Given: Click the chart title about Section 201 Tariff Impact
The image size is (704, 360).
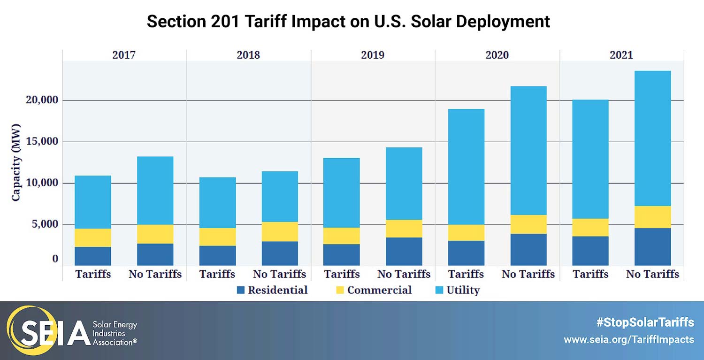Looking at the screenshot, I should point(348,22).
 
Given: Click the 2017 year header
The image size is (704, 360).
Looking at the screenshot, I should point(124,54).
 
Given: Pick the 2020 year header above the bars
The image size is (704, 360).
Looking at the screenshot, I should point(497,54).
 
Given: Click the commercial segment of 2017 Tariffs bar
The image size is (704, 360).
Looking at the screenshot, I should point(93,237).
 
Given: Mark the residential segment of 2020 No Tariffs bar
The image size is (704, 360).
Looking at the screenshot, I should point(528,250).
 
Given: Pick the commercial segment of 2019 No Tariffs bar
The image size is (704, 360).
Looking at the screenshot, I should point(404,229).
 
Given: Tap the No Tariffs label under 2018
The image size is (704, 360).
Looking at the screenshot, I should point(279,274).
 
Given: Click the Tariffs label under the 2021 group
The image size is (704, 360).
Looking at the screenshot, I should point(590,274).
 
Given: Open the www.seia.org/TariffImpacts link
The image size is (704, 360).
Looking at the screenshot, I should point(628,339).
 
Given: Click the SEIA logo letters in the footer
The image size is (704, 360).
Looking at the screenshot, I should point(49,332).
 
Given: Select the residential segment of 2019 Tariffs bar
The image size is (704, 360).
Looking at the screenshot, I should point(342,255).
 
